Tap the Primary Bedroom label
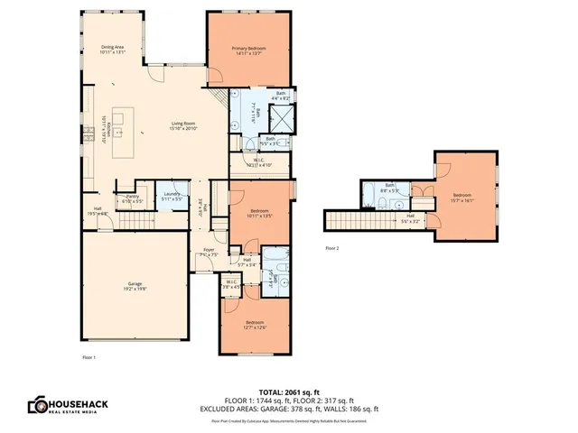tap(249, 51)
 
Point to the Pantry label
tap(133, 198)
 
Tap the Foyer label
tap(209, 252)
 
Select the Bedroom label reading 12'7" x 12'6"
tap(256, 325)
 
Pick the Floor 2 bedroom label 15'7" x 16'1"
tap(462, 198)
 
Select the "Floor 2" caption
tap(332, 247)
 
